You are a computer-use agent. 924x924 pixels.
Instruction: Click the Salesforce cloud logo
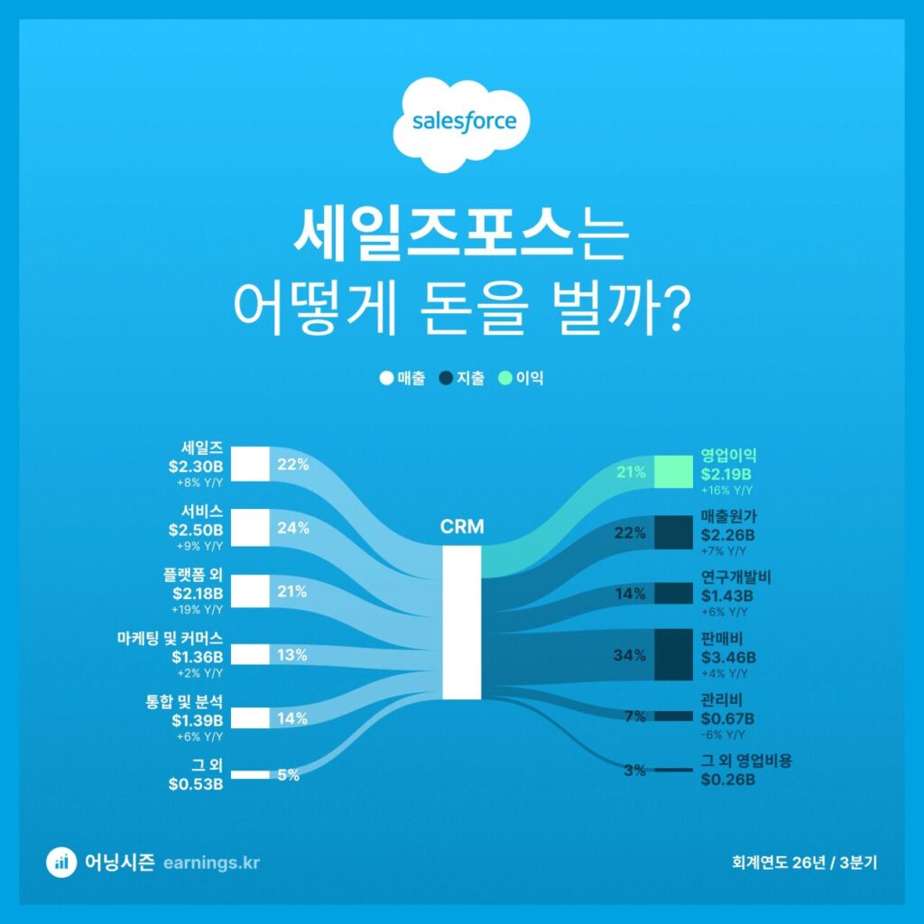tap(462, 125)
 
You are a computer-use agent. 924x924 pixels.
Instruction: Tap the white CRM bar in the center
tap(462, 623)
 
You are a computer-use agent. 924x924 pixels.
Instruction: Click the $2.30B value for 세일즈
tap(196, 467)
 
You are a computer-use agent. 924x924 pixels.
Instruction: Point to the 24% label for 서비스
tap(293, 529)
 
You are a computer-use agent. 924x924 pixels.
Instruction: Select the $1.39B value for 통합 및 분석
tap(196, 719)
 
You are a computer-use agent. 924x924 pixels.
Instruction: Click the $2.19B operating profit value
tap(726, 474)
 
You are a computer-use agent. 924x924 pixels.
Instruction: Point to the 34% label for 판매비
tap(630, 655)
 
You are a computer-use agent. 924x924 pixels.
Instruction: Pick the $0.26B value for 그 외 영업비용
tap(727, 779)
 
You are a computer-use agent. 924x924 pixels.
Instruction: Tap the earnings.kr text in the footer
tap(212, 863)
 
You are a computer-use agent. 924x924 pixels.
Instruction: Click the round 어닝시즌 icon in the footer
tap(61, 863)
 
